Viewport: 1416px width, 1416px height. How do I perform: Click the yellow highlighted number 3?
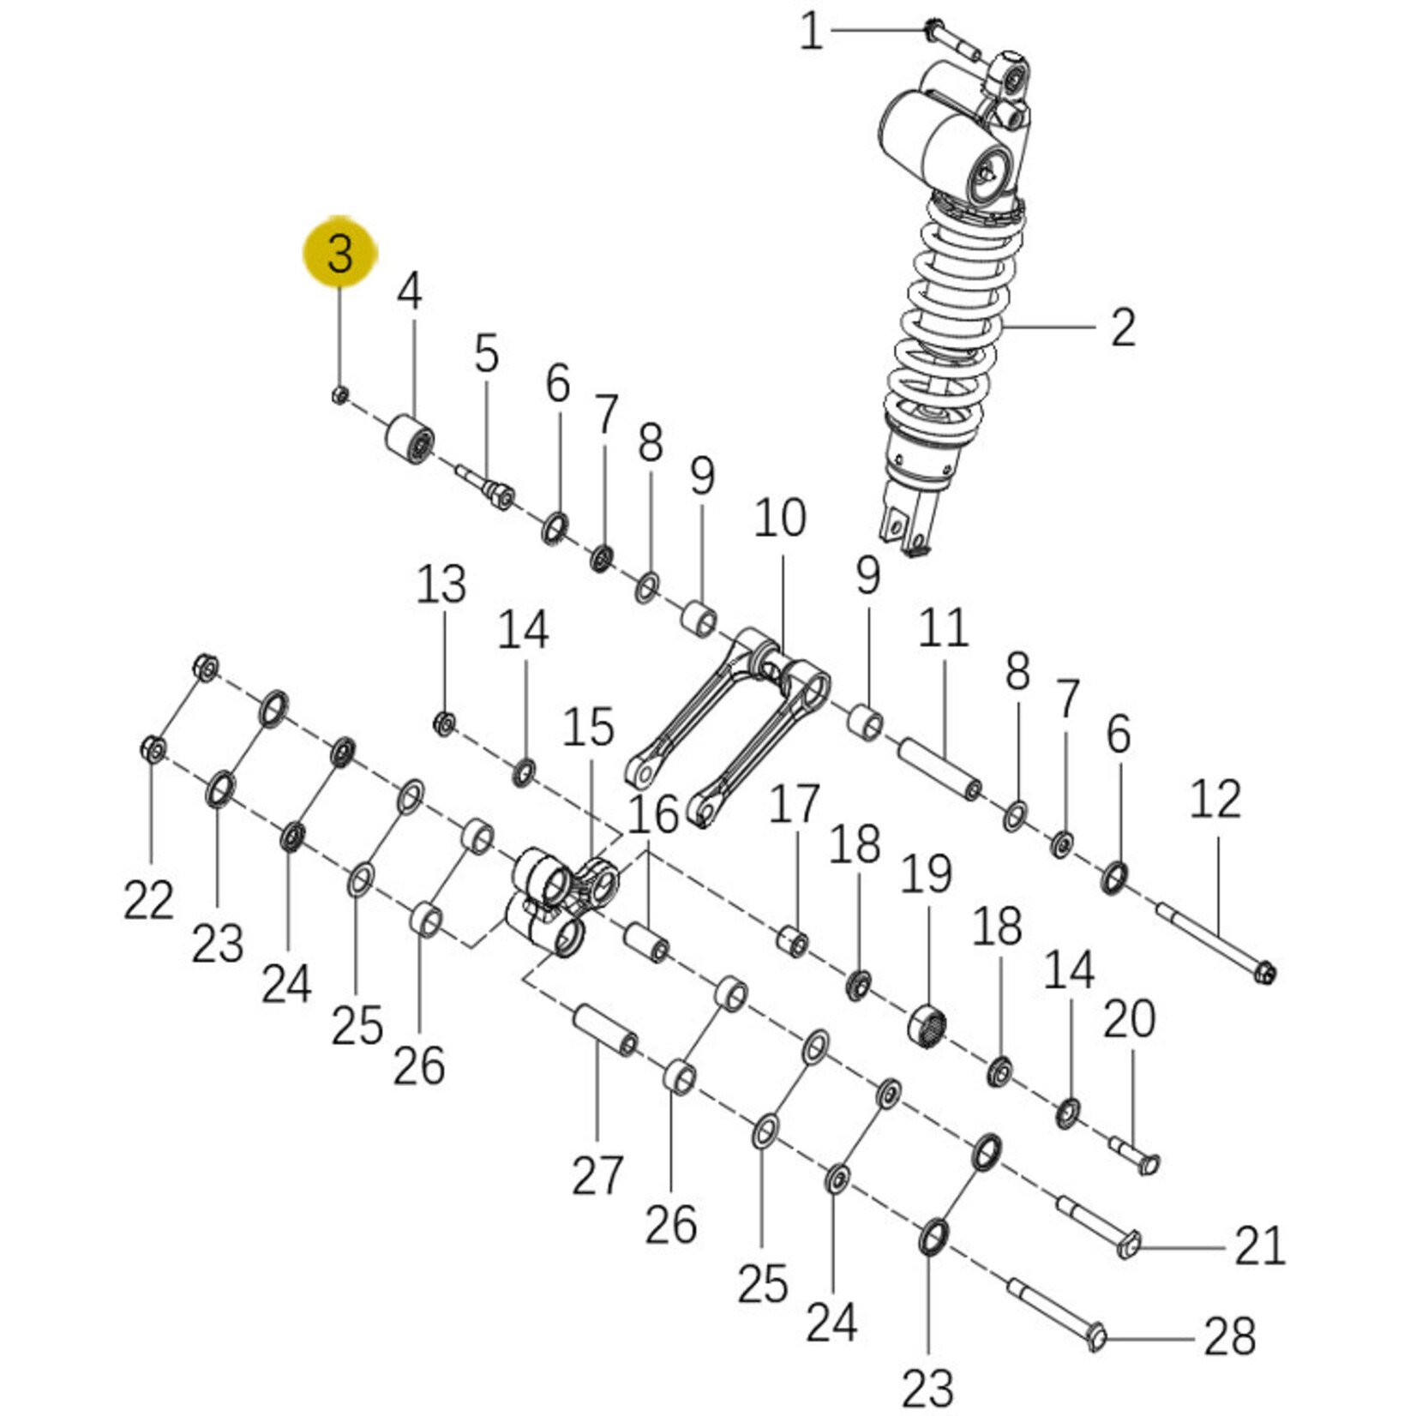pos(340,253)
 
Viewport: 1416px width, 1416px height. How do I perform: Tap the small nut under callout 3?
pos(339,394)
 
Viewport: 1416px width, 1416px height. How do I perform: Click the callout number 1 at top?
pos(811,33)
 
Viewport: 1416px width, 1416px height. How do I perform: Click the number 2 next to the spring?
pos(1123,327)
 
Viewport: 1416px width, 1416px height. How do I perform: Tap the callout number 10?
pos(780,518)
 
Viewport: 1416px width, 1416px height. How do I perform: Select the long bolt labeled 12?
pos(1216,943)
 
